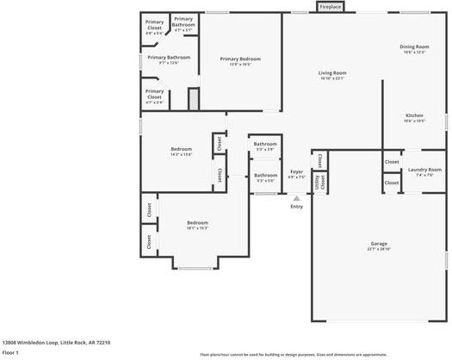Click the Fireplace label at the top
pyautogui.click(x=331, y=7)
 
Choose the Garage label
pyautogui.click(x=379, y=245)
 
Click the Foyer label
pyautogui.click(x=296, y=172)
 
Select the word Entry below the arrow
pyautogui.click(x=296, y=207)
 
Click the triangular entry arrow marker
pyautogui.click(x=296, y=198)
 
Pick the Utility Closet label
pyautogui.click(x=319, y=182)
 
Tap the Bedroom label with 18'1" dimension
pyautogui.click(x=198, y=223)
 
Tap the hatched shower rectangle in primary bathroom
pyautogui.click(x=194, y=98)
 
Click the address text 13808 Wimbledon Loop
pyautogui.click(x=56, y=342)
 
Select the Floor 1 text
pyautogui.click(x=11, y=352)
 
